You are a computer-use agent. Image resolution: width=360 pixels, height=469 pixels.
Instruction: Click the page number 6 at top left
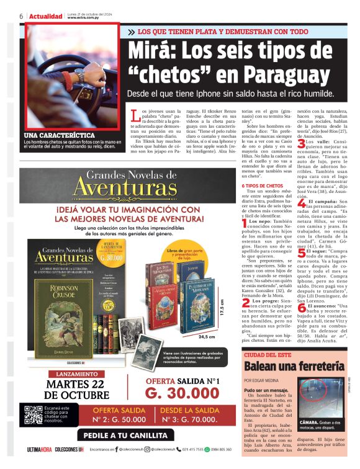[21, 16]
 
